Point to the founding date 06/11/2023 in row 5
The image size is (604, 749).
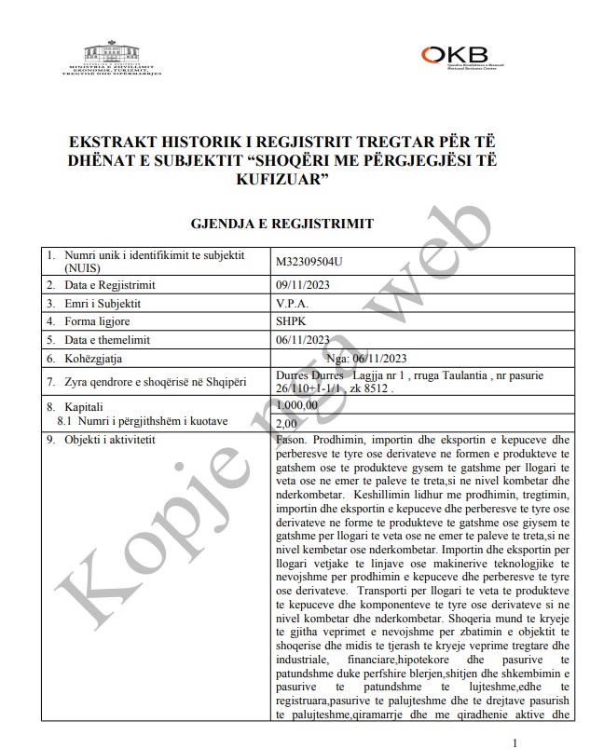coord(304,339)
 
